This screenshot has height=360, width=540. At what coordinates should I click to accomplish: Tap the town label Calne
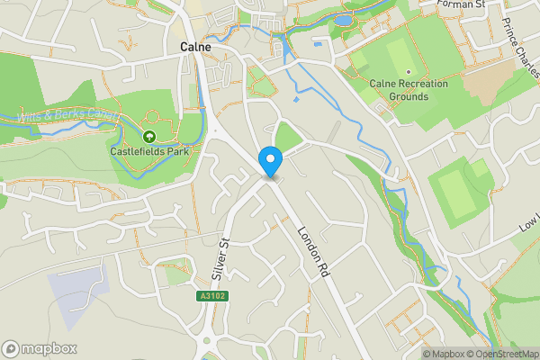coord(195,47)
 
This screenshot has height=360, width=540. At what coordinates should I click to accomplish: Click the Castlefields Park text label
coord(148,151)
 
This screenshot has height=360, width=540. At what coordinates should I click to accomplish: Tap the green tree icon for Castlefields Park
coord(148,136)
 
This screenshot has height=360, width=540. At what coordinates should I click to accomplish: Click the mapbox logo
coord(40,348)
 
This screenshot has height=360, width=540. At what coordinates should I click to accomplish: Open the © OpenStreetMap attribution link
coord(503,354)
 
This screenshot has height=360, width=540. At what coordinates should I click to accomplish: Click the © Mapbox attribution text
coord(444,354)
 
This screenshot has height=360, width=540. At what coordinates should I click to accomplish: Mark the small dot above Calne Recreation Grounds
coord(408,71)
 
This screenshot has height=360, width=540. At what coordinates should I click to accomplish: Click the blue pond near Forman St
coord(344,19)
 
